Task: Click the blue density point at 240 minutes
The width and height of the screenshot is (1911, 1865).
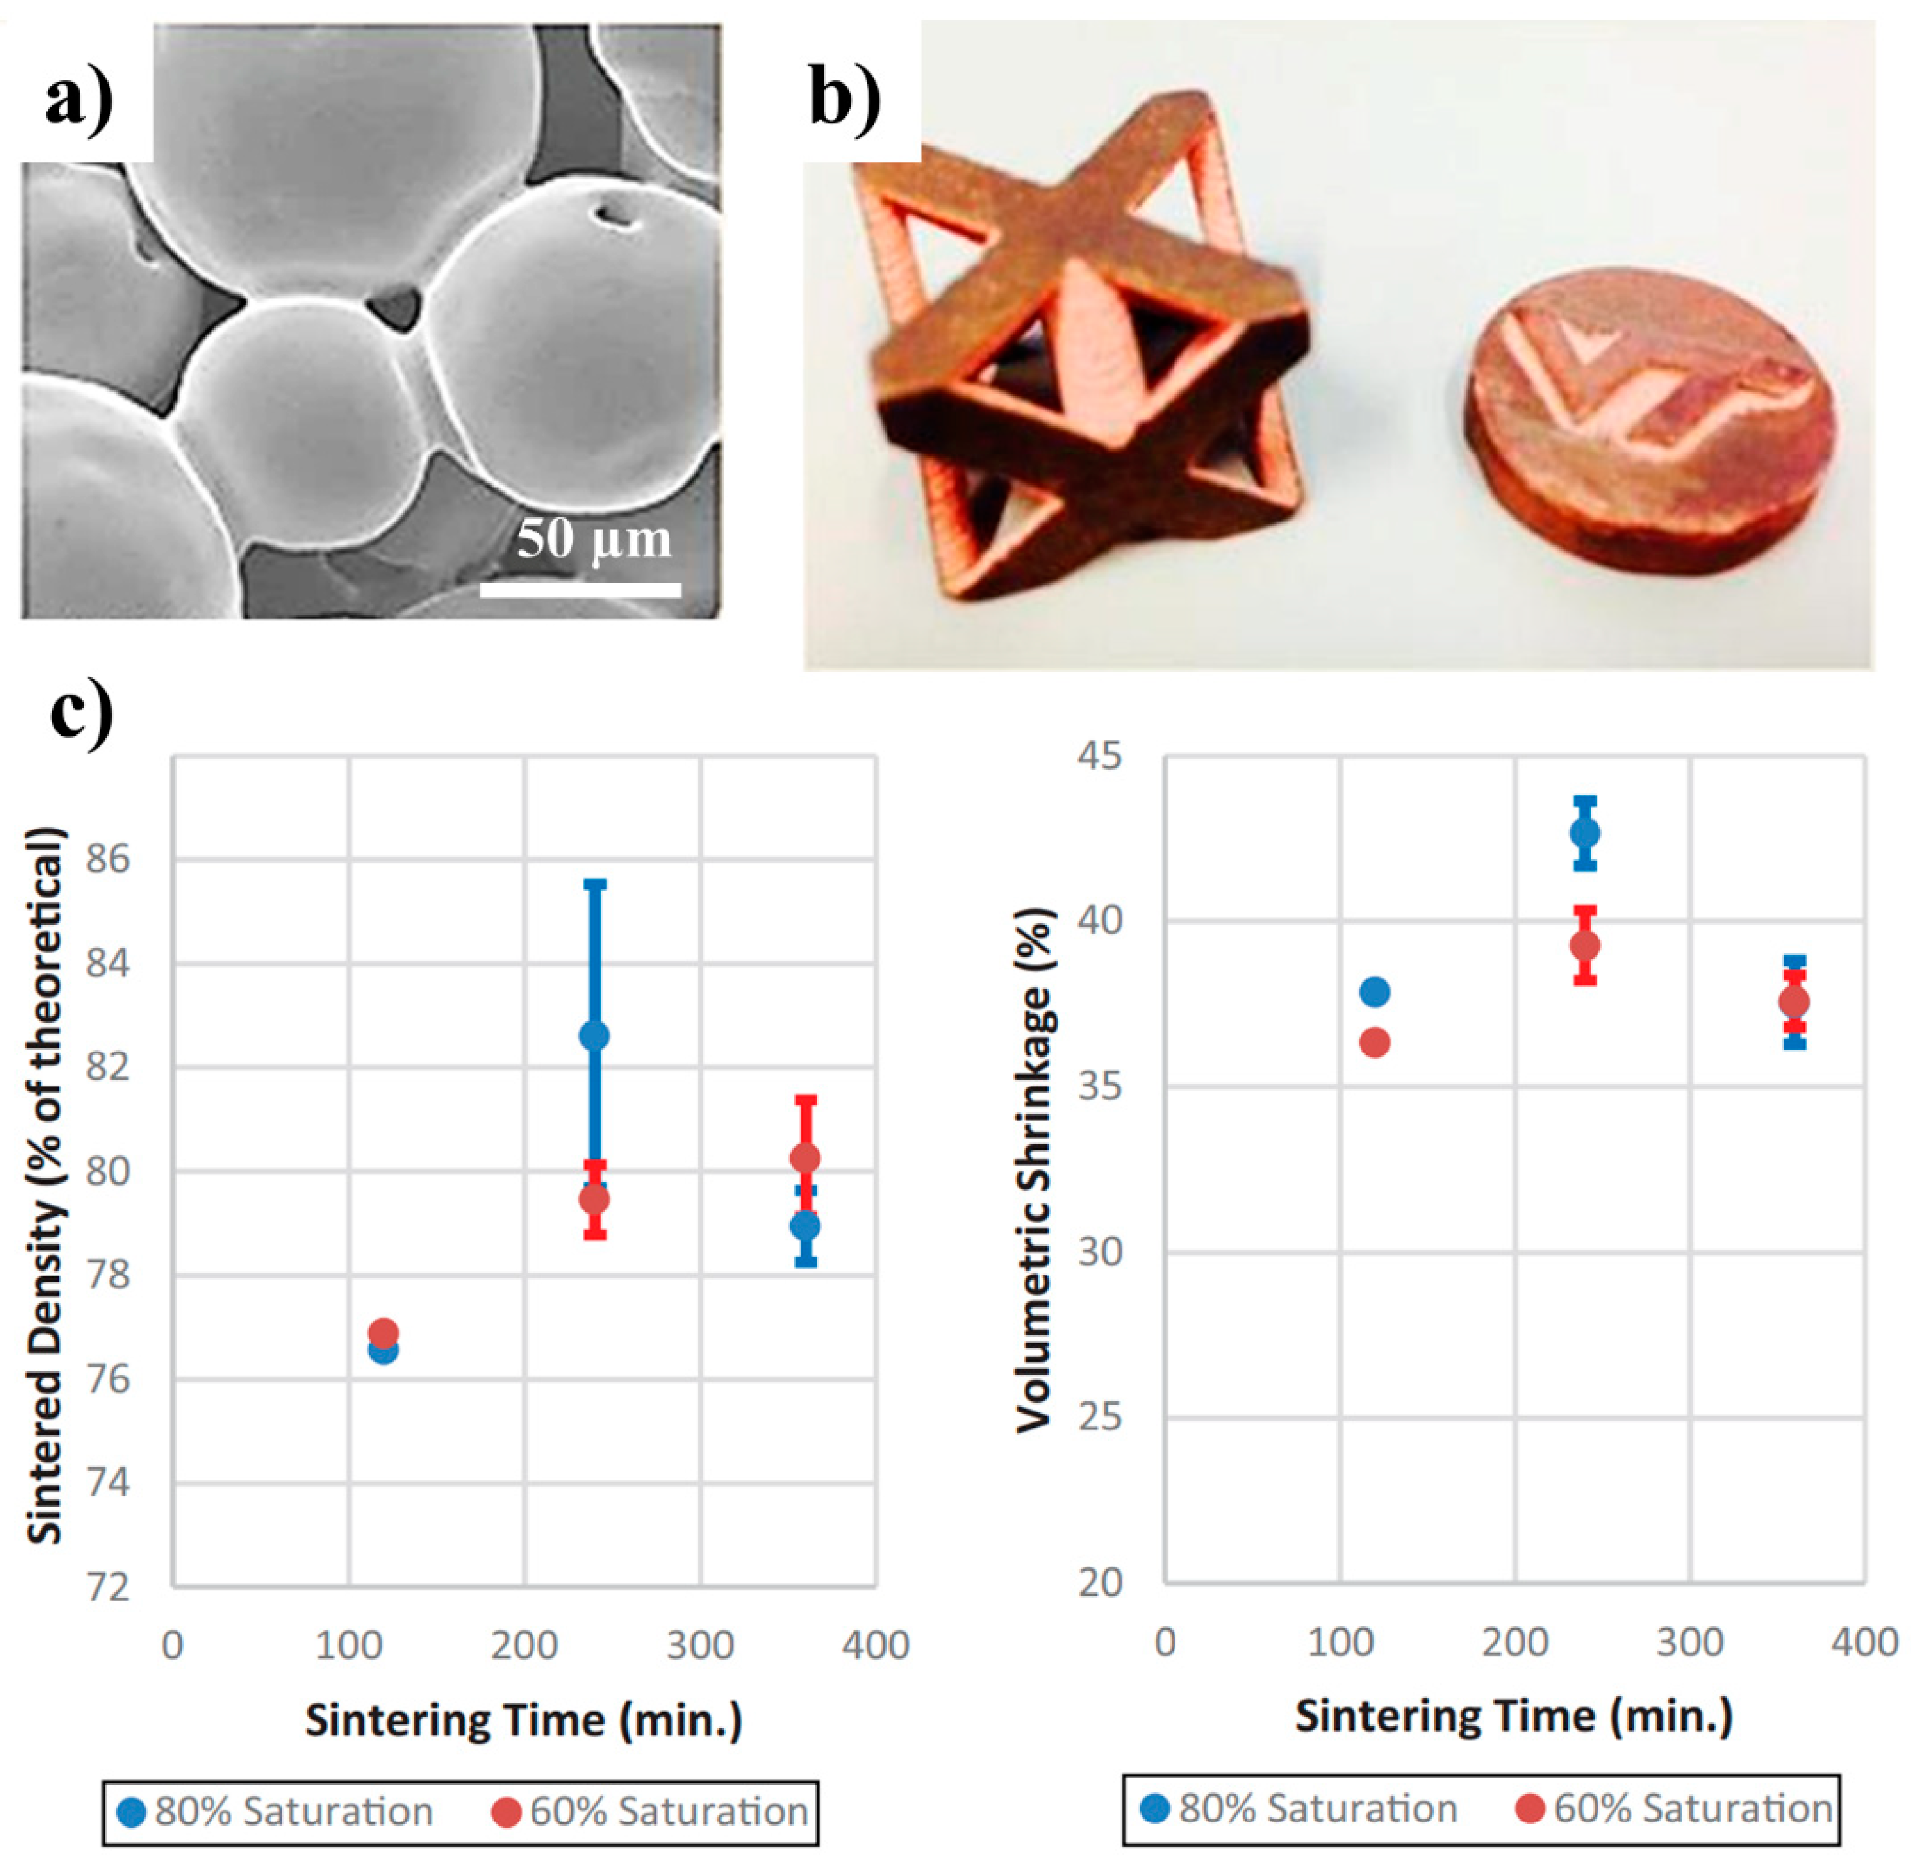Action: tap(594, 1035)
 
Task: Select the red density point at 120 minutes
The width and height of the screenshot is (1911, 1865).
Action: tap(383, 1332)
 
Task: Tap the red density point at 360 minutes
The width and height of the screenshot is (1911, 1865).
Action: tap(805, 1159)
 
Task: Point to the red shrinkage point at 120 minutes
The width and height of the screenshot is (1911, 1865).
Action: tap(1375, 1042)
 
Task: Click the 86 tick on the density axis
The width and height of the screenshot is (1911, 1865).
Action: tap(108, 860)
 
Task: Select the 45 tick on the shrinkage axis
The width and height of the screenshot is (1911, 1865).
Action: tap(1100, 756)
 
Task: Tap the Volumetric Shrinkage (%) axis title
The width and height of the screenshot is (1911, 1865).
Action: tap(1036, 1171)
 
